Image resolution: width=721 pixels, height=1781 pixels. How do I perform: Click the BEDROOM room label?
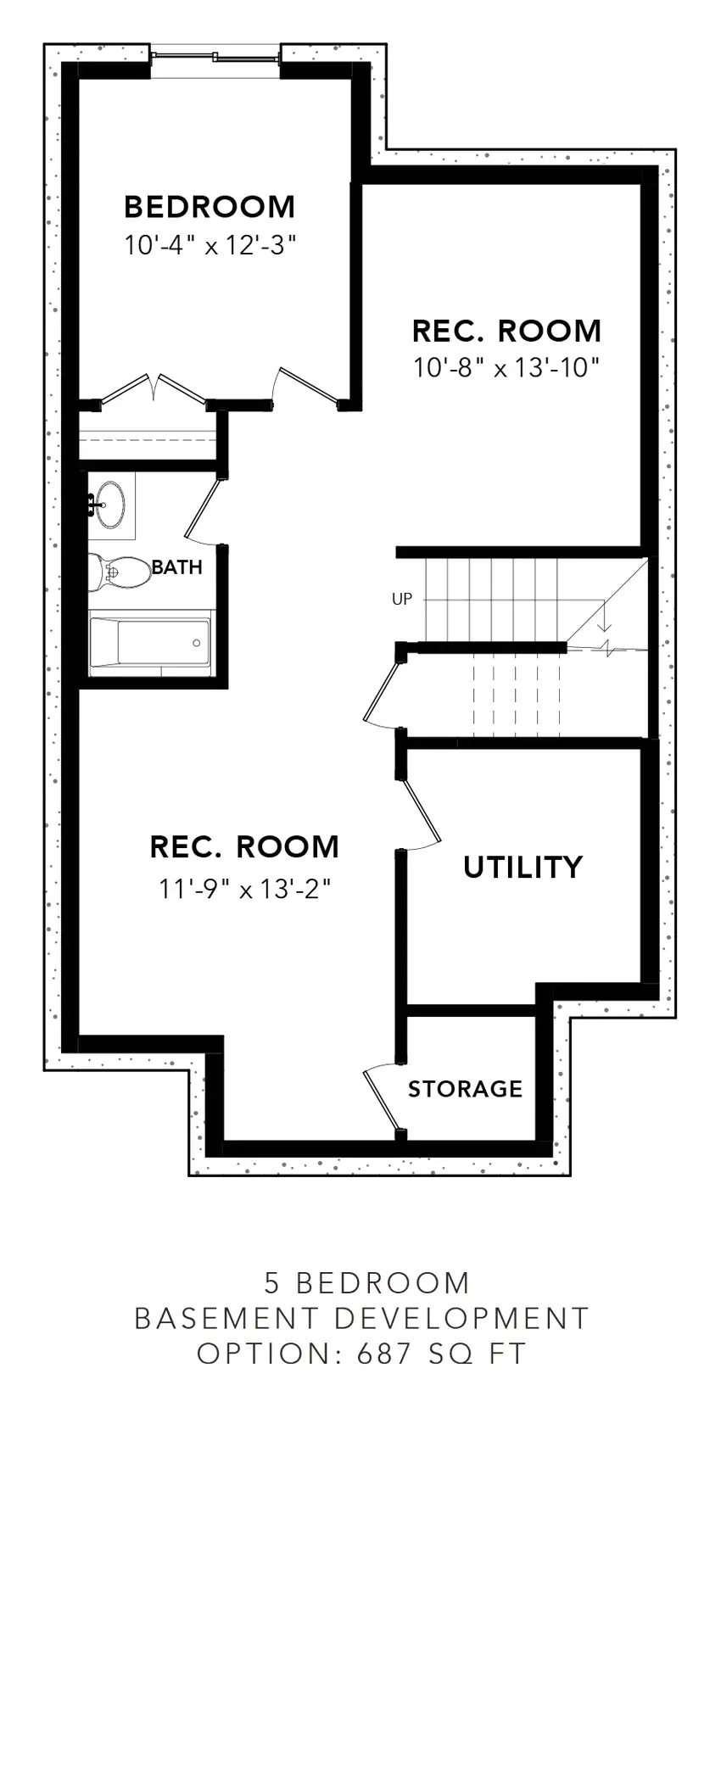point(210,207)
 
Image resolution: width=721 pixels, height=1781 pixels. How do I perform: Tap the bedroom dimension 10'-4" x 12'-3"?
point(210,246)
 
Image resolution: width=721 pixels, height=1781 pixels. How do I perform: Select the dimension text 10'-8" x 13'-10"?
point(506,368)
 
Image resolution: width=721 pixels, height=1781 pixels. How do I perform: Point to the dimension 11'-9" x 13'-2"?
point(244,889)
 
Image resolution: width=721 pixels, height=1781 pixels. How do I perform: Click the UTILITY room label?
point(523,867)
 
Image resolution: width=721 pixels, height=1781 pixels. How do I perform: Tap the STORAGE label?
point(465,1089)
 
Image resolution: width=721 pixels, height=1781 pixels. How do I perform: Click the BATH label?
point(177,567)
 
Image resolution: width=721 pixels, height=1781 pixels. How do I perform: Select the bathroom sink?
point(110,505)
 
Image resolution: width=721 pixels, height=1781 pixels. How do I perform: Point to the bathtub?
point(151,644)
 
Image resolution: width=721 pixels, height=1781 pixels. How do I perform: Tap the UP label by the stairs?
point(402,599)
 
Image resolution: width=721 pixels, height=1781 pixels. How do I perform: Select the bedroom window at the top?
point(215,58)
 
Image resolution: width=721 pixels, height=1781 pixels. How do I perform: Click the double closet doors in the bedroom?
point(153,389)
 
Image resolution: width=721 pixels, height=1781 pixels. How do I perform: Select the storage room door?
point(382,1099)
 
